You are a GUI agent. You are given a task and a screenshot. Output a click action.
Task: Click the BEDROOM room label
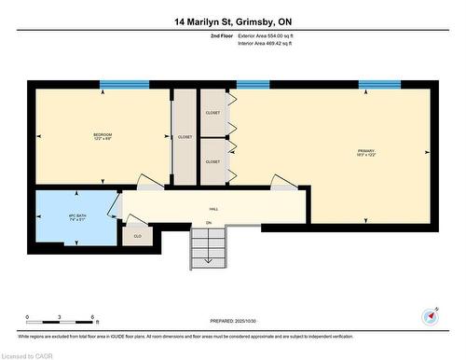click(103, 136)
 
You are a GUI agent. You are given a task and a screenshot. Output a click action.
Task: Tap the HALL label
click(212, 211)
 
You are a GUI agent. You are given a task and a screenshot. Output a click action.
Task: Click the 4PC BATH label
click(77, 217)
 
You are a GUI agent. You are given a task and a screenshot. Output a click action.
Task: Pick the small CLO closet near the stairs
click(137, 235)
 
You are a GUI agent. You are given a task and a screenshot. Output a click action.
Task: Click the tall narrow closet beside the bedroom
click(185, 136)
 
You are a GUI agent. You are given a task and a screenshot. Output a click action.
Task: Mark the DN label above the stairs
click(209, 224)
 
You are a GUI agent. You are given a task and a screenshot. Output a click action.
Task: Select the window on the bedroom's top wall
click(124, 85)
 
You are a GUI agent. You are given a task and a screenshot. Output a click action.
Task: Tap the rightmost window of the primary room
click(379, 85)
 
